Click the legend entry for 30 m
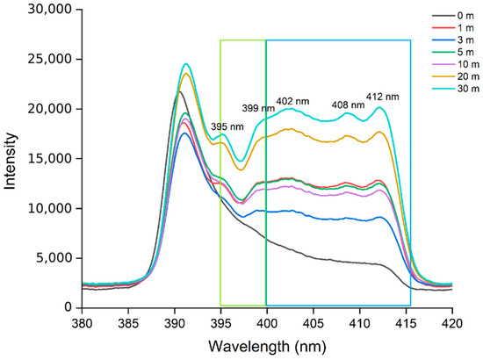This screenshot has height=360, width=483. pos(456,89)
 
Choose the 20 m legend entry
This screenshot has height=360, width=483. pos(456,76)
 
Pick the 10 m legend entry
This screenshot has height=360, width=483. pos(456,64)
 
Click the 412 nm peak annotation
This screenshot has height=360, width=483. pos(382,97)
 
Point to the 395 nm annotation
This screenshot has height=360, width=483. pos(227,126)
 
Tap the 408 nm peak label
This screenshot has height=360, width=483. pos(348,105)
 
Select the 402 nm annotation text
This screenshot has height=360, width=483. pos(292,101)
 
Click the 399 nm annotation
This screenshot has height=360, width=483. pos(258,108)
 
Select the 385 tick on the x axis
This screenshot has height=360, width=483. pos(128,324)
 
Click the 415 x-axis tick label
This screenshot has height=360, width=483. pos(406,324)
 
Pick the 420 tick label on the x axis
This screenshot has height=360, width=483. pos(452,324)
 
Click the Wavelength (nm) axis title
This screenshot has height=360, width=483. pos(267,347)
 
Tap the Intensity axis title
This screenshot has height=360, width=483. pos(10,161)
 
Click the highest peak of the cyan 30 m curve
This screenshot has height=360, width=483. pos(186,64)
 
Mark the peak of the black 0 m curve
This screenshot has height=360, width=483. pos(179,91)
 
